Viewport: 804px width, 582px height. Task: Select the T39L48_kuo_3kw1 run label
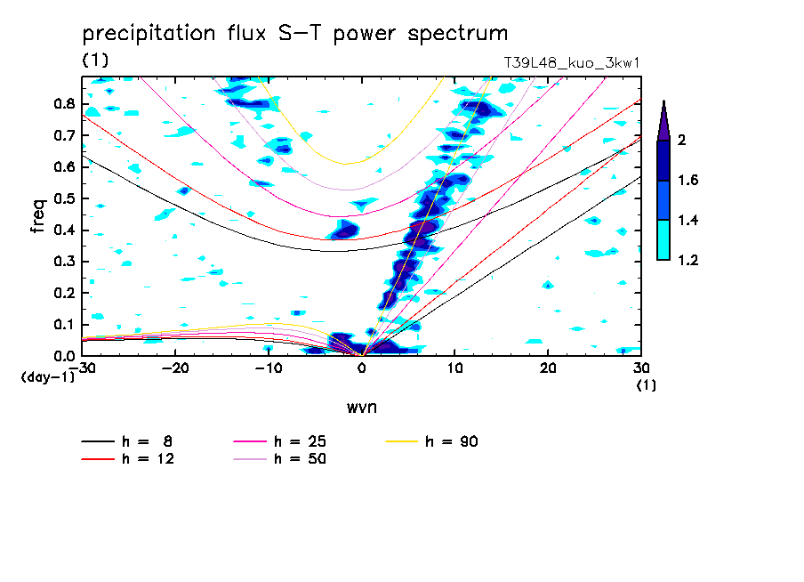click(x=572, y=63)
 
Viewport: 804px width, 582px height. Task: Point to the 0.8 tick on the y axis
click(x=63, y=104)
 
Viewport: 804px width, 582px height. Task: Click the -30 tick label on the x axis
click(x=82, y=367)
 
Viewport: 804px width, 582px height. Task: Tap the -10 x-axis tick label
click(x=268, y=367)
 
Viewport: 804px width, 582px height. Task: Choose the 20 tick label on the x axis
click(x=548, y=367)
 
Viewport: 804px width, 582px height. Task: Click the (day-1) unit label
click(x=46, y=377)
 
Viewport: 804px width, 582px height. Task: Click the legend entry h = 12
click(x=147, y=459)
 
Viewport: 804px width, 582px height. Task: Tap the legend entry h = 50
click(x=300, y=459)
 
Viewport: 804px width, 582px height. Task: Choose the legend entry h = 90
click(x=453, y=441)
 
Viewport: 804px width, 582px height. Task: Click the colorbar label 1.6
click(x=688, y=181)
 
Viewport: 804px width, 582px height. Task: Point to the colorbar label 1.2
click(x=688, y=261)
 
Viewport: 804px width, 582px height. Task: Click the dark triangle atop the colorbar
click(x=663, y=120)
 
